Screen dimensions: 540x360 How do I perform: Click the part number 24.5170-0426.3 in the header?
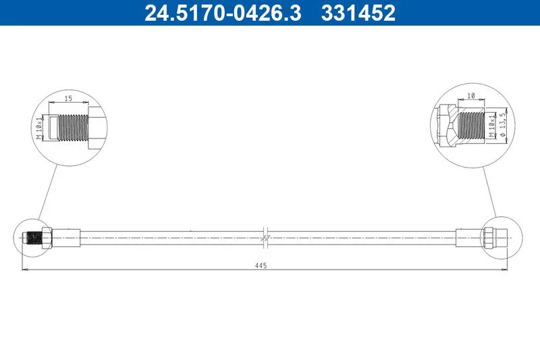[x=223, y=13]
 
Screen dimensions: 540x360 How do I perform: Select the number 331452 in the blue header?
[x=358, y=13]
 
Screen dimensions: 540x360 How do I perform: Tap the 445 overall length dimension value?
[x=261, y=265]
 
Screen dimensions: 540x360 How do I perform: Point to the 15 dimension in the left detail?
[x=69, y=99]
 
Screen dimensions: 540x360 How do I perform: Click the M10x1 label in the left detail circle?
[x=40, y=128]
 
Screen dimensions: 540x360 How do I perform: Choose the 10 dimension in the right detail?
[x=471, y=96]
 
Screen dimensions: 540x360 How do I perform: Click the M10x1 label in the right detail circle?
[x=492, y=126]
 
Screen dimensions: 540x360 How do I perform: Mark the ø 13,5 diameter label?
[x=503, y=125]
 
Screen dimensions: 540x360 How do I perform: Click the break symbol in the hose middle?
[x=265, y=238]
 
